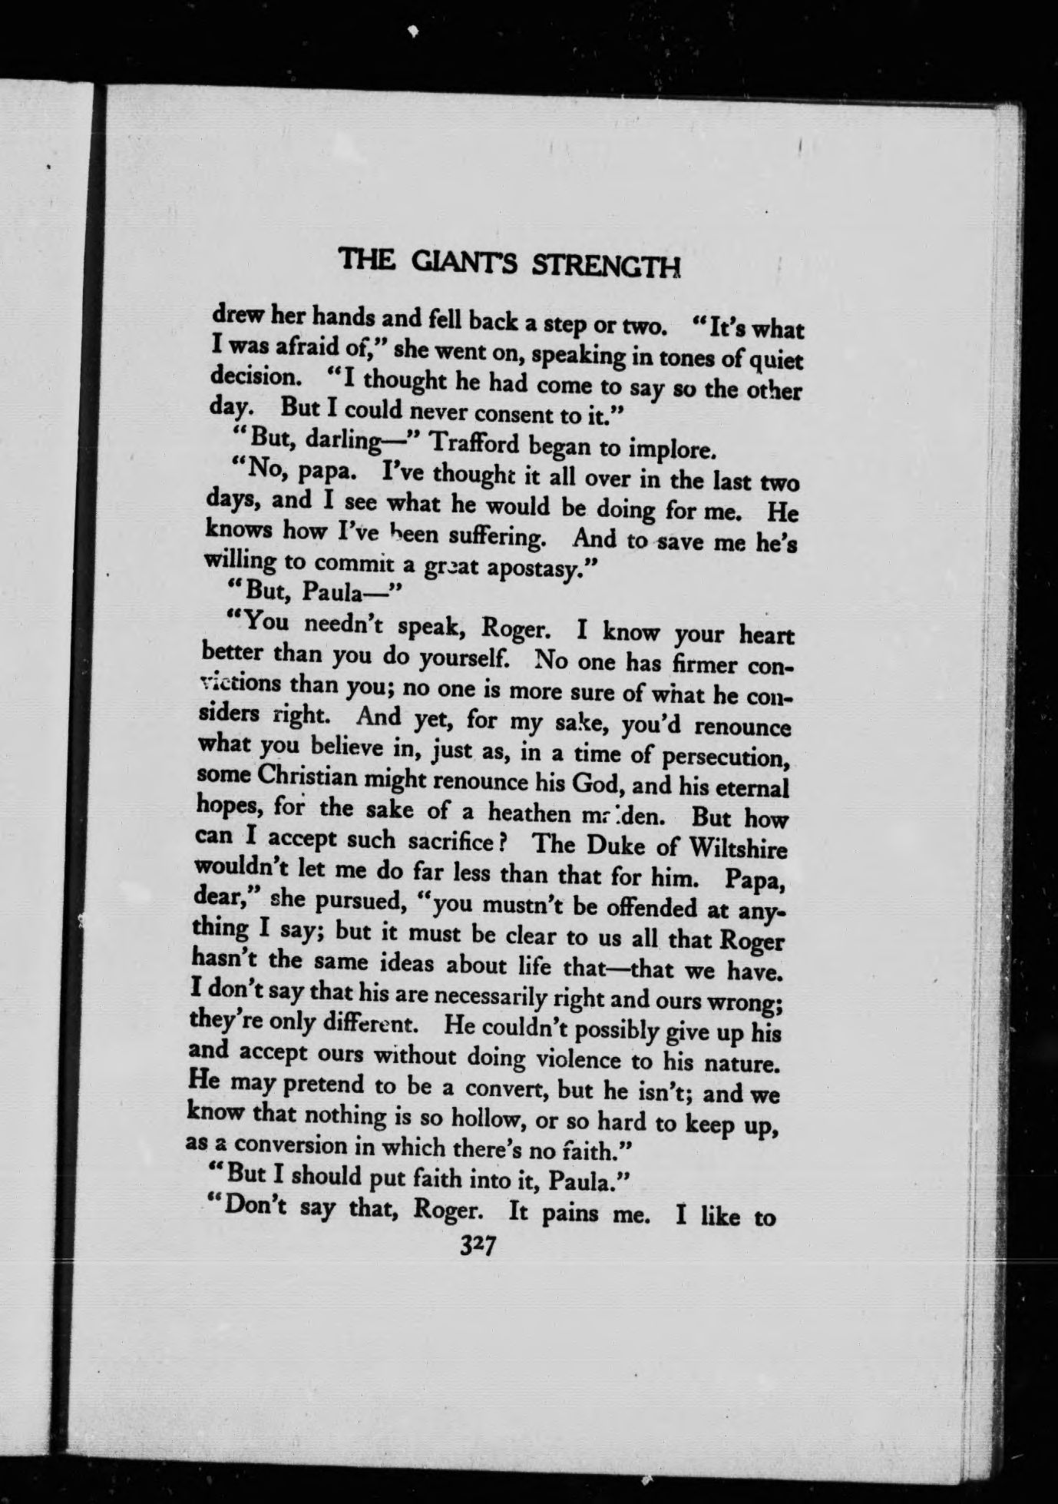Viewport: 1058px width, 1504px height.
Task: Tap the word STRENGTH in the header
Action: (607, 265)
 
